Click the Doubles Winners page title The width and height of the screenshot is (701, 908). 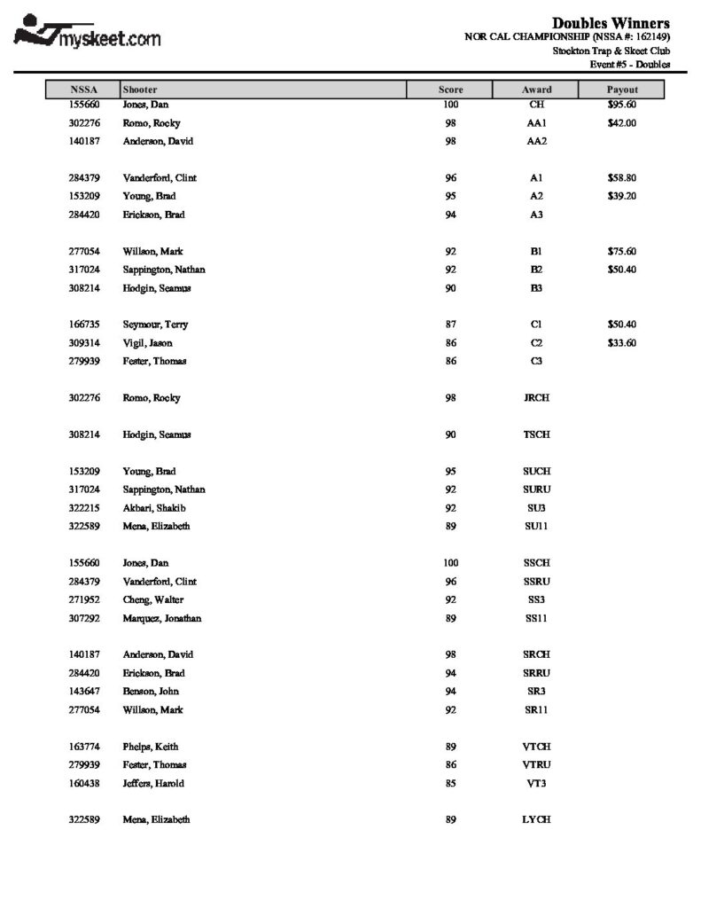(611, 22)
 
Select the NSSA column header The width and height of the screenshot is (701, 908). (83, 90)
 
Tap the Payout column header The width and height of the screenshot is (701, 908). (621, 90)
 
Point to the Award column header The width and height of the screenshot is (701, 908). (536, 90)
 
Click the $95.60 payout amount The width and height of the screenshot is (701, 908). (621, 105)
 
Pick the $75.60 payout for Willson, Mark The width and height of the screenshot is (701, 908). (621, 251)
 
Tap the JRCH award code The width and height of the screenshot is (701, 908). (536, 398)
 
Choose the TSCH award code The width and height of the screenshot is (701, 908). (536, 434)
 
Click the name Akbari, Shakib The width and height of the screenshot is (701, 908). (154, 508)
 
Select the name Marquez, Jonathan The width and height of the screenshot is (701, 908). (162, 618)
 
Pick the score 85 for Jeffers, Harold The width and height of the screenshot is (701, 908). (450, 784)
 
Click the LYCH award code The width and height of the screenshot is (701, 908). (536, 820)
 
